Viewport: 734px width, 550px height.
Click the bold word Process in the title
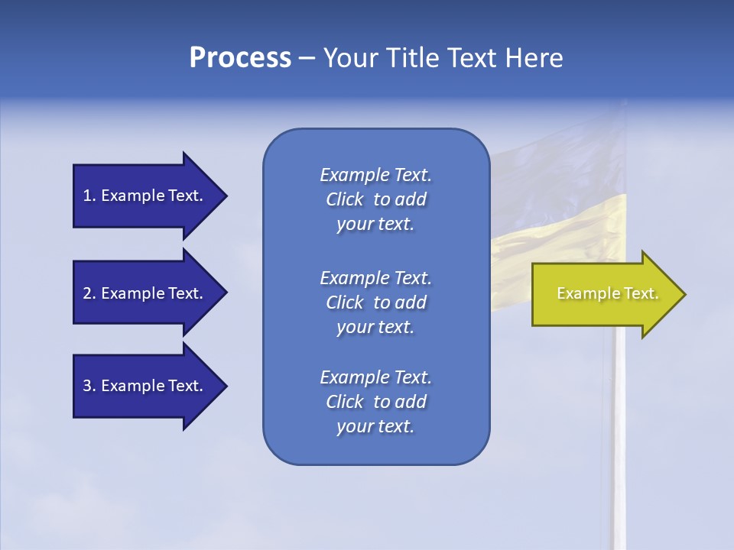pyautogui.click(x=240, y=57)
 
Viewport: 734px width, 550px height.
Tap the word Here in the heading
pyautogui.click(x=533, y=57)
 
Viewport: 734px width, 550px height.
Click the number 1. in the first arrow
pyautogui.click(x=89, y=196)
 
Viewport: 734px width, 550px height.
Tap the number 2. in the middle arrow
pyautogui.click(x=89, y=293)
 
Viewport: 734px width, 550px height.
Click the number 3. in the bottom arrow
pyautogui.click(x=89, y=386)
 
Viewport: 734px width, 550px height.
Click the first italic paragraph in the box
pyautogui.click(x=375, y=199)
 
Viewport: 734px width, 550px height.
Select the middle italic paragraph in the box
pyautogui.click(x=375, y=302)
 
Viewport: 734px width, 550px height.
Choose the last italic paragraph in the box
pyautogui.click(x=375, y=402)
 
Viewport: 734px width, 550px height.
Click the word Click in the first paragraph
pyautogui.click(x=344, y=199)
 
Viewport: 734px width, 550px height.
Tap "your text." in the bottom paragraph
pyautogui.click(x=375, y=426)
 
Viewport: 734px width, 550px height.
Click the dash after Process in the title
pyautogui.click(x=307, y=58)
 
